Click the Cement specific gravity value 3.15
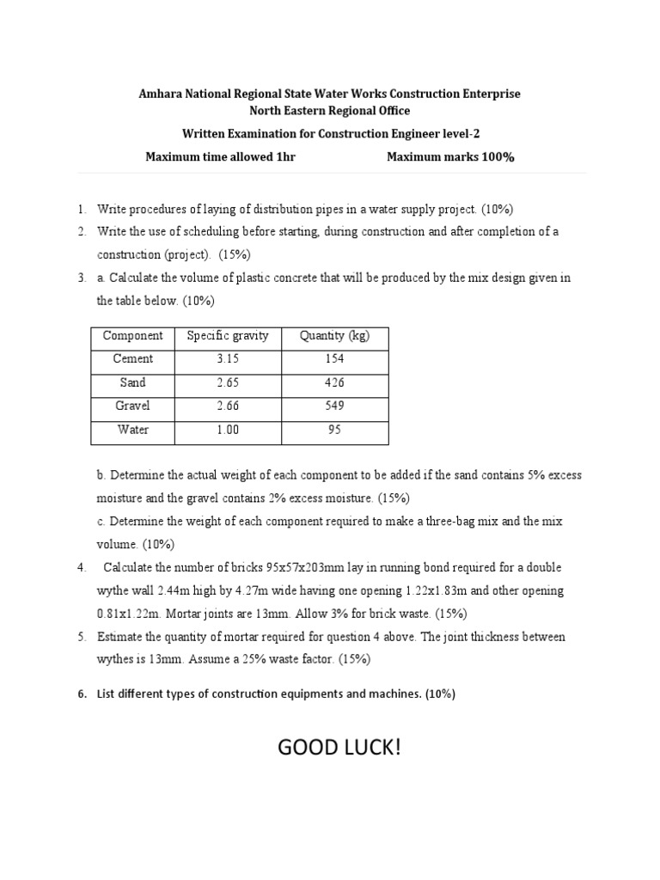click(x=228, y=359)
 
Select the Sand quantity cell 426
click(x=334, y=382)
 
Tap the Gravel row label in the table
click(x=133, y=406)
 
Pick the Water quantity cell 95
click(x=334, y=430)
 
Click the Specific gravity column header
click(x=228, y=336)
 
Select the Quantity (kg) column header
click(x=334, y=336)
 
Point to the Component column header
click(x=133, y=336)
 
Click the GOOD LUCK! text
click(x=339, y=748)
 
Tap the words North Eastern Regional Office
click(x=330, y=111)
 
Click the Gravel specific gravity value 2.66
click(x=228, y=406)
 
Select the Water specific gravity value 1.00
click(x=228, y=430)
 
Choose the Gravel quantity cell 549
click(x=334, y=406)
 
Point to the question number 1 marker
click(x=81, y=209)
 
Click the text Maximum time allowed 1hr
click(x=221, y=157)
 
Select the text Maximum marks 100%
click(x=450, y=157)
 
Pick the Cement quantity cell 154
click(x=334, y=359)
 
